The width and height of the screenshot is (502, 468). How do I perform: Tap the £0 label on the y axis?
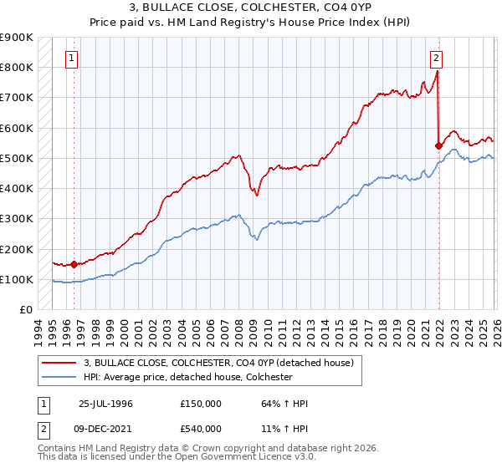coord(25,310)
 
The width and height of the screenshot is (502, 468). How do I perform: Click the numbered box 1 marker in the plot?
coord(73,58)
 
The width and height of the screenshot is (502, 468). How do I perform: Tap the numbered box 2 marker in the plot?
coord(437,58)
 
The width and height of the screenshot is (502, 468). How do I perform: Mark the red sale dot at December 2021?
coord(438,145)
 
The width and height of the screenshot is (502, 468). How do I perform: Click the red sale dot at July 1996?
coord(74,264)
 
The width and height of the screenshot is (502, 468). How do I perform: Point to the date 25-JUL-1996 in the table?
coord(105,404)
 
